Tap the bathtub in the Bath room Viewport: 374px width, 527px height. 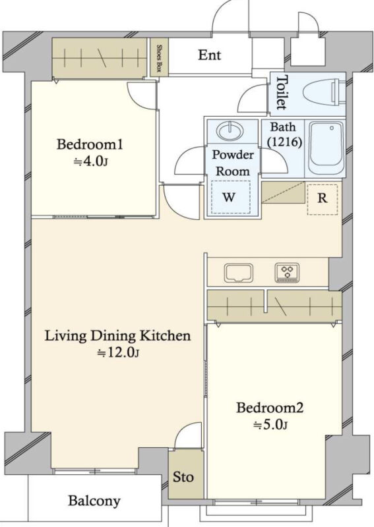click(326, 148)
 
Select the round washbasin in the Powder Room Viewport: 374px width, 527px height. click(230, 130)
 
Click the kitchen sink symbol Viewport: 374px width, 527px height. click(239, 273)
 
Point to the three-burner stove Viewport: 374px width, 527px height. click(287, 273)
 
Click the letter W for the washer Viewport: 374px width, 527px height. click(229, 197)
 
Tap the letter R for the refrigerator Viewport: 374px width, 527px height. click(322, 198)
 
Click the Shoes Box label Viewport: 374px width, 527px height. click(159, 58)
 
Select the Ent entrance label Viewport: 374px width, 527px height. click(209, 55)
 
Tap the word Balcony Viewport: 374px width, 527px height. click(94, 501)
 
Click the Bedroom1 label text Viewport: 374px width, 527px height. click(90, 144)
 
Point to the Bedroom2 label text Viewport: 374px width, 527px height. click(270, 408)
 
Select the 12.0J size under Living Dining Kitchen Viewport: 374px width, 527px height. click(118, 352)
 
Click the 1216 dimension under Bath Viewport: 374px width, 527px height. click(284, 142)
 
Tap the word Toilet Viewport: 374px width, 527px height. click(282, 92)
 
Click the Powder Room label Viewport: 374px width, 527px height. click(233, 163)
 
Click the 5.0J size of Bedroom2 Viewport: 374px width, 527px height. click(270, 425)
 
